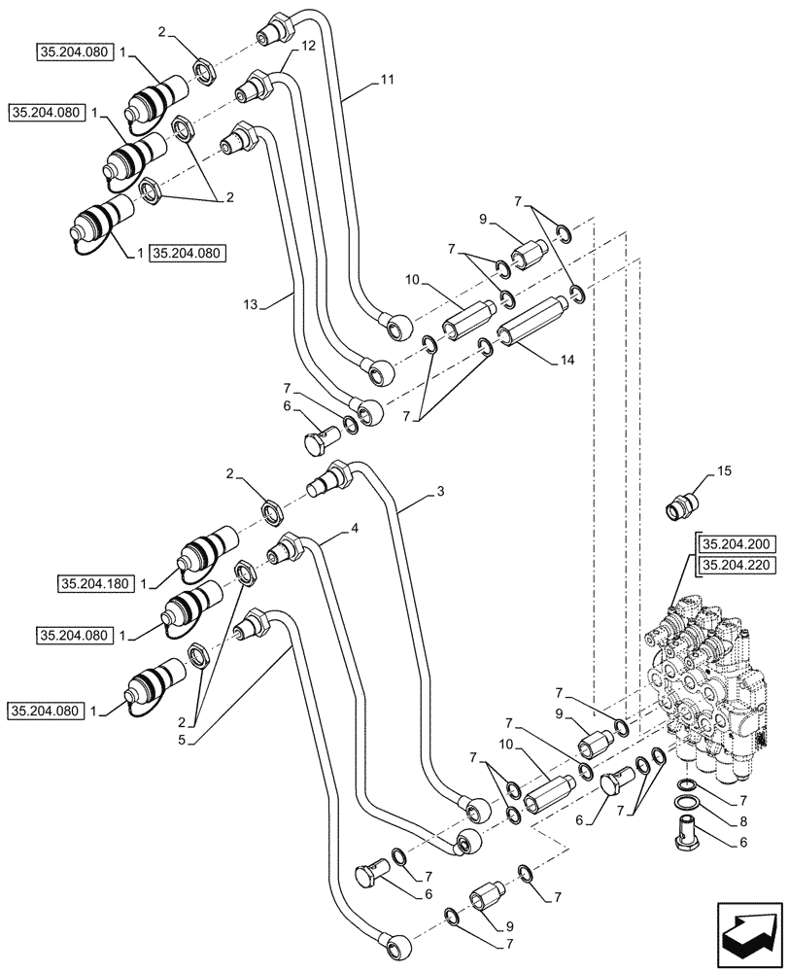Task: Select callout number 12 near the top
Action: [x=308, y=47]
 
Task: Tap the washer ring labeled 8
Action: [x=685, y=804]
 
